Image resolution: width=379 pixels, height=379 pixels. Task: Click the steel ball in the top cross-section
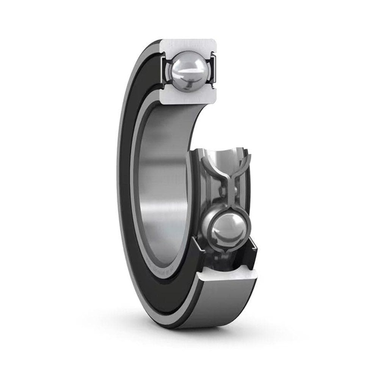(x=189, y=71)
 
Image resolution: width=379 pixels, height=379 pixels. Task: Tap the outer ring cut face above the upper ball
(x=189, y=45)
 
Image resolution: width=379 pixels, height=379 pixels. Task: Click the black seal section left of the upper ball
(x=164, y=71)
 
